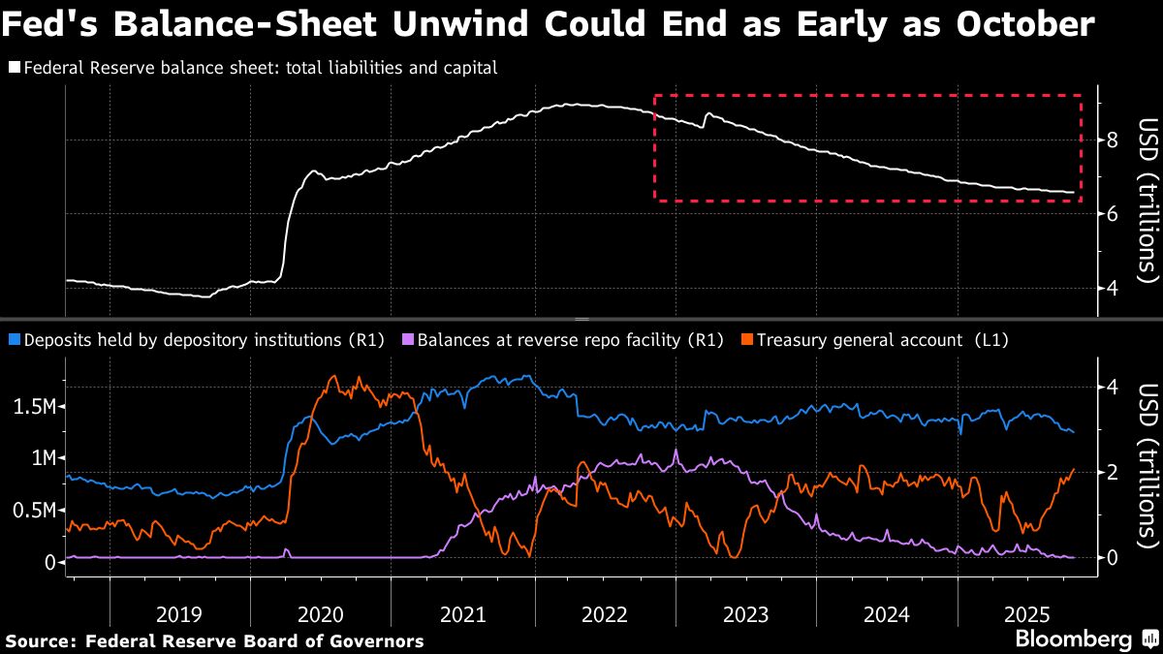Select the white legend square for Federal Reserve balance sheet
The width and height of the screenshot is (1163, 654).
(x=14, y=69)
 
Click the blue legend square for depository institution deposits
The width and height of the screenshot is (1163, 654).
(x=14, y=340)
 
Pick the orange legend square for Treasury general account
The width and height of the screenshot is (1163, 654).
(x=747, y=340)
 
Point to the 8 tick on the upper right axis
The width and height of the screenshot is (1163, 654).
(x=1113, y=140)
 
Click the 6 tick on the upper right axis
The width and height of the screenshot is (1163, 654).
(x=1113, y=214)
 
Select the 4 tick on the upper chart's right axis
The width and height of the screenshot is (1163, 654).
(x=1113, y=289)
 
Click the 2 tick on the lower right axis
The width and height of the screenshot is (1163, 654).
(x=1113, y=472)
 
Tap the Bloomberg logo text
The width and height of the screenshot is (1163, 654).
(x=1073, y=639)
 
